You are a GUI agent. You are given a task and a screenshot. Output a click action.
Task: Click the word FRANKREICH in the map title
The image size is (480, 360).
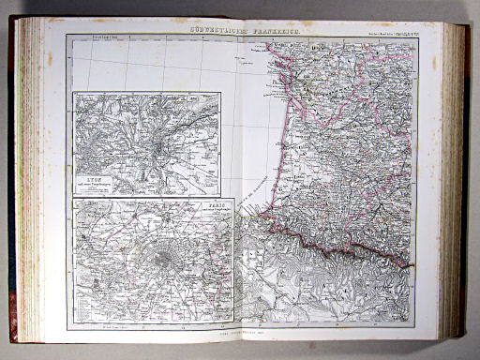click(x=270, y=31)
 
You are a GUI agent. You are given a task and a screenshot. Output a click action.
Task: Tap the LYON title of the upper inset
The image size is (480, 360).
click(x=92, y=178)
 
